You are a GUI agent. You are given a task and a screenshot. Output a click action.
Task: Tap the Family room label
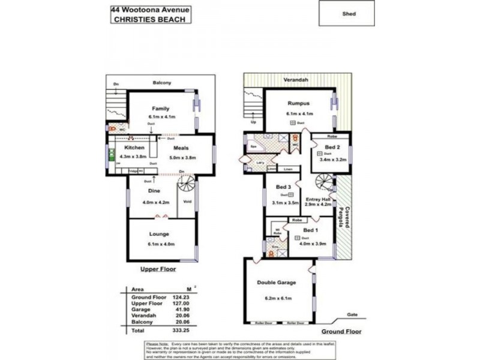[160, 108]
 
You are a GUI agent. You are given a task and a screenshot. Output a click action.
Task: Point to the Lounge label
[160, 234]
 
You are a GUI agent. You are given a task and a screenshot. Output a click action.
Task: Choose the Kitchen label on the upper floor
[134, 148]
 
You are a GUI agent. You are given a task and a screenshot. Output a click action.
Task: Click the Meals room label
[182, 148]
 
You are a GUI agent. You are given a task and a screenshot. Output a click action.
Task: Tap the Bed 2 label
[333, 148]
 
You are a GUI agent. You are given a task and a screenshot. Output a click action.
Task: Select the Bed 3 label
[284, 187]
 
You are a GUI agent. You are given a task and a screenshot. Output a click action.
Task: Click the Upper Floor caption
[158, 269]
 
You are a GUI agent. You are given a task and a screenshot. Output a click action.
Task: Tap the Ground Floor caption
[336, 331]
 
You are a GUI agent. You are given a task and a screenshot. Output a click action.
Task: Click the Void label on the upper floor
[187, 202]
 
